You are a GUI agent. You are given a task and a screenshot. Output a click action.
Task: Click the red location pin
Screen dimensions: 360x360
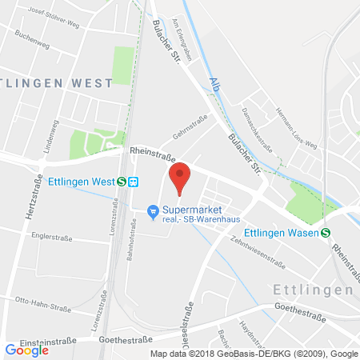click(x=180, y=177)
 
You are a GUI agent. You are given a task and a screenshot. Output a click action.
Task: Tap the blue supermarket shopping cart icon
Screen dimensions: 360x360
click(x=152, y=211)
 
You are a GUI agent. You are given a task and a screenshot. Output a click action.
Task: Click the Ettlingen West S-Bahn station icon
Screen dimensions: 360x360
click(x=120, y=181)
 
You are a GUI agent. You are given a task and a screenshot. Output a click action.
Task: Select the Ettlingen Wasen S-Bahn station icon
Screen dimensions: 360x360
click(x=326, y=233)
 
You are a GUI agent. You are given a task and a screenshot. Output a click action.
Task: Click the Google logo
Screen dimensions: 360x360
click(x=26, y=349)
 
